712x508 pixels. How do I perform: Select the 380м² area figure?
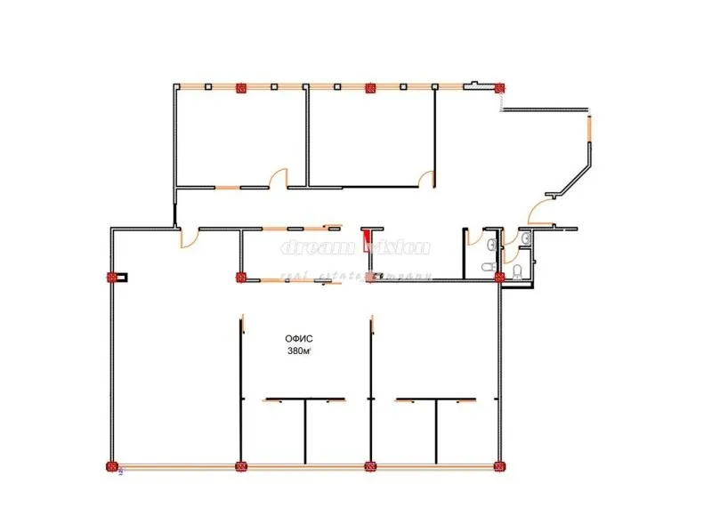(299, 351)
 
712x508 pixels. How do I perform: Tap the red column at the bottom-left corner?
(112, 465)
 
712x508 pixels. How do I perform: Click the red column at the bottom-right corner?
(499, 465)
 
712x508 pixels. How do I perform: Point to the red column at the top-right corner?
(499, 87)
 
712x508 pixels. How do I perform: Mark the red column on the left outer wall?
(112, 277)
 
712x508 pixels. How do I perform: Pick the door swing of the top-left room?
(278, 178)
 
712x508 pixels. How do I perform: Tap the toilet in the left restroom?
(487, 268)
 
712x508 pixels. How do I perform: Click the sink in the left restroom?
(491, 242)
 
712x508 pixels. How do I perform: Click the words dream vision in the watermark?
(356, 248)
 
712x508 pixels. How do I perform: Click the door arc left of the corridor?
(189, 238)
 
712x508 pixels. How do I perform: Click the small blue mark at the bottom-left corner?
(121, 472)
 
